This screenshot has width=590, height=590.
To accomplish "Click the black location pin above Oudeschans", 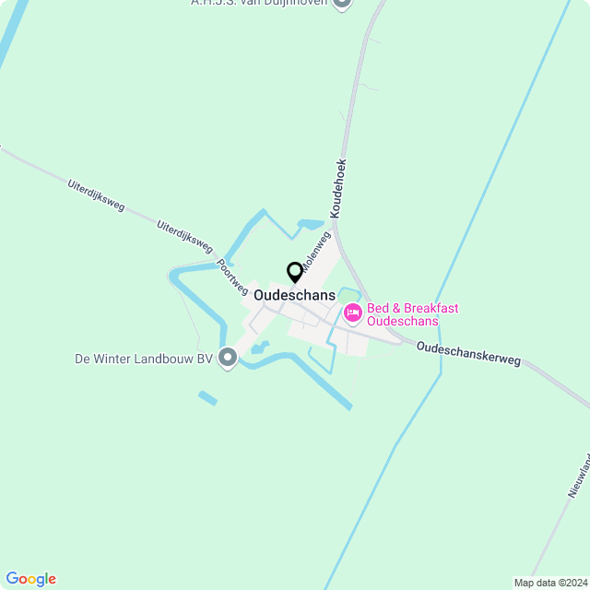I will tap(295, 272).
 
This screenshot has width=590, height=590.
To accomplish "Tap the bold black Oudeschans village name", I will tap(294, 295).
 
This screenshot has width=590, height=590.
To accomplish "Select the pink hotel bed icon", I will tap(352, 314).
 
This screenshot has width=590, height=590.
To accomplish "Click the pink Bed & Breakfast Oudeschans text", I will tap(413, 315).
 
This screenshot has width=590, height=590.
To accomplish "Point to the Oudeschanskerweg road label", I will tap(468, 354).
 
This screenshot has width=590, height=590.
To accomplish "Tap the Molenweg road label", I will tap(316, 252).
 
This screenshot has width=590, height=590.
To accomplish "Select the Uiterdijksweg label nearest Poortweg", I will tap(184, 237).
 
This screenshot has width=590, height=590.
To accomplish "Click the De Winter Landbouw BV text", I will tap(145, 359).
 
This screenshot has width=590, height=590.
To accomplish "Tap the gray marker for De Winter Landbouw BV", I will tap(228, 359).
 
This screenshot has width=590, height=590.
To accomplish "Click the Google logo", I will tap(30, 579).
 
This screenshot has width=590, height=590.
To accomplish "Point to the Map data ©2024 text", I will tap(550, 583).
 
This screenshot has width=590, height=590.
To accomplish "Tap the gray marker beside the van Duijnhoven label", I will tap(342, 3).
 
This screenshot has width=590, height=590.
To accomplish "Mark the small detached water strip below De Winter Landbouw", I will tap(207, 398).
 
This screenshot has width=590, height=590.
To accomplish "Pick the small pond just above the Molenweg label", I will tap(310, 223).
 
